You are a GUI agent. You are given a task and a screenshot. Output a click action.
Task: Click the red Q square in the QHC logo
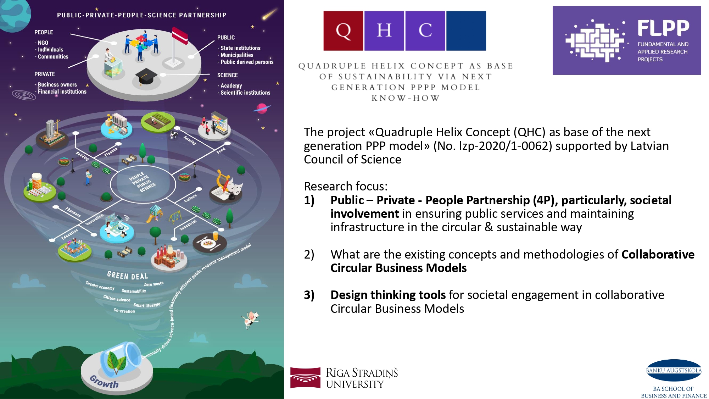click(343, 31)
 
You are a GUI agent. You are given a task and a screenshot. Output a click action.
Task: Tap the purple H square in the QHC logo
click(384, 31)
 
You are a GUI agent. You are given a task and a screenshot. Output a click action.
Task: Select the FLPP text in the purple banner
click(663, 28)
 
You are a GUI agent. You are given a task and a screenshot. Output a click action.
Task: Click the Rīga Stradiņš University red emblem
click(305, 378)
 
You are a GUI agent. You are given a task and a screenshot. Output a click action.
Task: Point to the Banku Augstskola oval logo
click(674, 370)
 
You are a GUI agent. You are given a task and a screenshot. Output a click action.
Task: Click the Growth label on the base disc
click(104, 382)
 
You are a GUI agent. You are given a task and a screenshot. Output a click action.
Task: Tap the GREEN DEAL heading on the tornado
click(128, 276)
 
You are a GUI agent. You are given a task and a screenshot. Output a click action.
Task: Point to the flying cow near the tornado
click(251, 319)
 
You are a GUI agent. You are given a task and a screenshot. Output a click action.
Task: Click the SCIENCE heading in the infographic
click(228, 75)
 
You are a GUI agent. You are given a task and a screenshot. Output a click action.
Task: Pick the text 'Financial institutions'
click(62, 92)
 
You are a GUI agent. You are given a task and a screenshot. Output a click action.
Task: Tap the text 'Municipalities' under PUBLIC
click(237, 55)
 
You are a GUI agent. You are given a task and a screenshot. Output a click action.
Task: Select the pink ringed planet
click(262, 108)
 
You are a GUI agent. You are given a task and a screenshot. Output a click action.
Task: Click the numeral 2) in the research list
click(309, 255)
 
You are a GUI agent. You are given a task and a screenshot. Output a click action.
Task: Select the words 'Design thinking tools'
click(388, 295)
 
